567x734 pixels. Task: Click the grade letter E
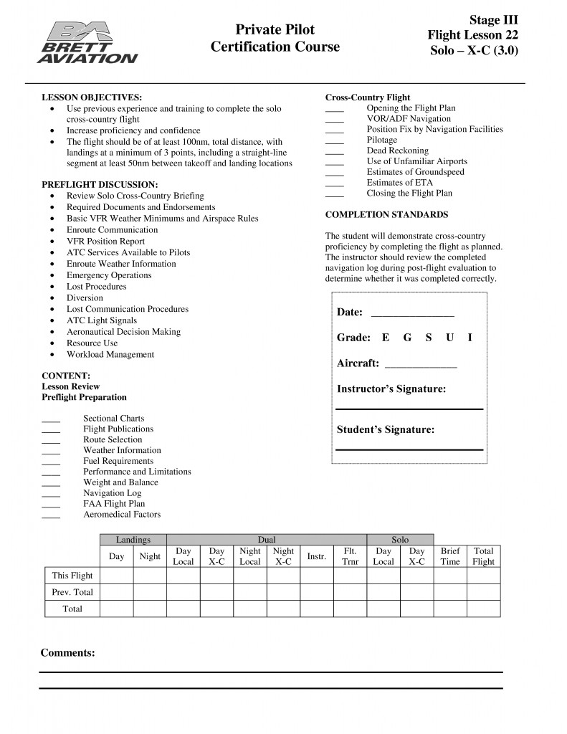pyautogui.click(x=386, y=338)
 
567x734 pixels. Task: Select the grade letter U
pyautogui.click(x=449, y=338)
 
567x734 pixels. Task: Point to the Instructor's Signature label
pyautogui.click(x=391, y=389)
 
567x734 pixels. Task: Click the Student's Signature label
pyautogui.click(x=386, y=430)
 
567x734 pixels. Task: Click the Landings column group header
pyautogui.click(x=133, y=540)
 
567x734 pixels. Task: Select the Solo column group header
pyautogui.click(x=400, y=540)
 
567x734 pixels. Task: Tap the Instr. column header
pyautogui.click(x=316, y=556)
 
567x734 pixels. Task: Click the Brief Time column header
pyautogui.click(x=450, y=556)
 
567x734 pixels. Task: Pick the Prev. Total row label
pyautogui.click(x=72, y=592)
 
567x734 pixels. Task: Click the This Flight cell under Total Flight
pyautogui.click(x=483, y=576)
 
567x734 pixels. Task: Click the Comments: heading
pyautogui.click(x=67, y=653)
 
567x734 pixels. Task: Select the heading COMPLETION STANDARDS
pyautogui.click(x=386, y=214)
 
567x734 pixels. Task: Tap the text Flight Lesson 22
pyautogui.click(x=472, y=34)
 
